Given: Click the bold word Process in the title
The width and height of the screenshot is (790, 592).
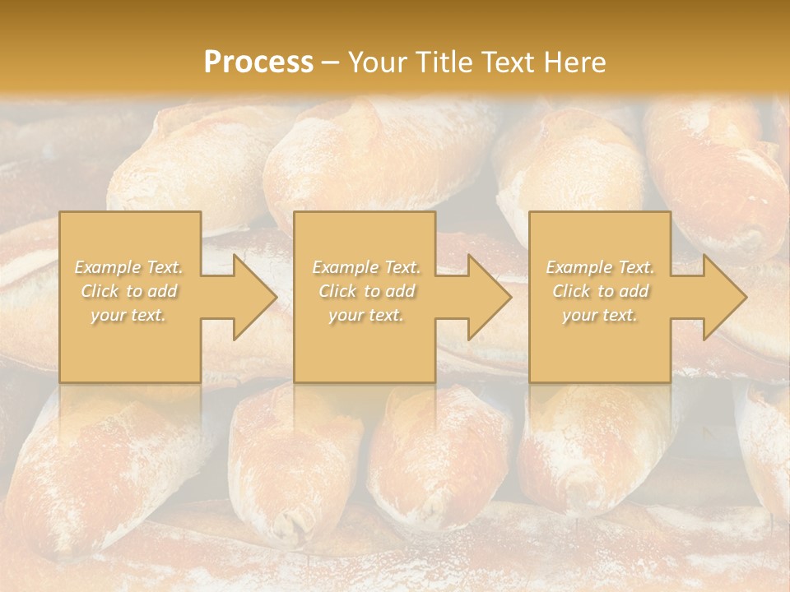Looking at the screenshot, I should pyautogui.click(x=258, y=62).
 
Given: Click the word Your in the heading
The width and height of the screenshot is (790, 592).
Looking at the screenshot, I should pyautogui.click(x=378, y=62).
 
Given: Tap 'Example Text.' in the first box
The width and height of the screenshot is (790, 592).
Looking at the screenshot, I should pyautogui.click(x=129, y=267).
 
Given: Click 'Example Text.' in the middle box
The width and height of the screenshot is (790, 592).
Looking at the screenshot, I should pyautogui.click(x=366, y=267).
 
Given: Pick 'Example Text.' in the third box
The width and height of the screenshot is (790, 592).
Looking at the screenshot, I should pyautogui.click(x=600, y=267).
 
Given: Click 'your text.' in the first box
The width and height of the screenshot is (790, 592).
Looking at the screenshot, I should pyautogui.click(x=128, y=315).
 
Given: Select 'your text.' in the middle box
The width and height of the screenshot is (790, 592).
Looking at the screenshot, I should pyautogui.click(x=366, y=315).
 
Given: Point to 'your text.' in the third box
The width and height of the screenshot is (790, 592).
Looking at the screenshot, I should pyautogui.click(x=600, y=315).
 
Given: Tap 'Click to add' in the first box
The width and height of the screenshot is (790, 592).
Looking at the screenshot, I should pyautogui.click(x=129, y=291).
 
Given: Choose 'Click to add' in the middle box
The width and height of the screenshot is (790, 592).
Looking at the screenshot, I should pyautogui.click(x=366, y=291).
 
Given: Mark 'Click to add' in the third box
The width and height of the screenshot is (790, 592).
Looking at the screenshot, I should pyautogui.click(x=600, y=291).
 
